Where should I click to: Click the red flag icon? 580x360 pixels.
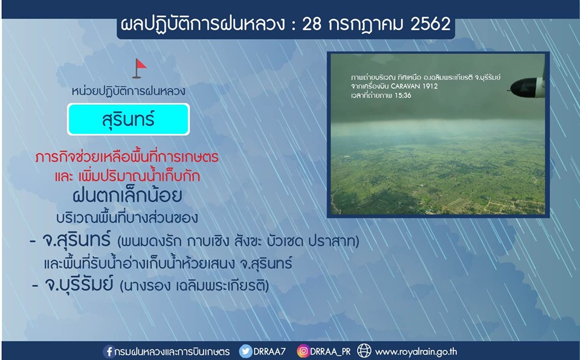pos(140,68)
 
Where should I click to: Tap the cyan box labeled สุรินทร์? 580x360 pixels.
pos(128,119)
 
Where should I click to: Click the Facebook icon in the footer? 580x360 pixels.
pos(109,351)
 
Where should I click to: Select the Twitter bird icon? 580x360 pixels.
pos(245,351)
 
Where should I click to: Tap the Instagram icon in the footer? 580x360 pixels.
pos(303,351)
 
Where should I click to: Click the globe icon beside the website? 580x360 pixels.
pos(364,351)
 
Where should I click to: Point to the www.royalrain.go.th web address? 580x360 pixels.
pos(416,352)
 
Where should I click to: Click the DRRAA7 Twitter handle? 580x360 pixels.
pos(269,352)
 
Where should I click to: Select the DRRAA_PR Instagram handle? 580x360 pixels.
pos(330,352)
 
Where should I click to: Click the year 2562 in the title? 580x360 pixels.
pos(431,24)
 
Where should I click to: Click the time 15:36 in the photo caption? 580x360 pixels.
pos(403,95)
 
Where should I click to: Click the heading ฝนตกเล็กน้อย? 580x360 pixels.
pos(127,194)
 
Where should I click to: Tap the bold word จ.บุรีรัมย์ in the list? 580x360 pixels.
pos(78,284)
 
